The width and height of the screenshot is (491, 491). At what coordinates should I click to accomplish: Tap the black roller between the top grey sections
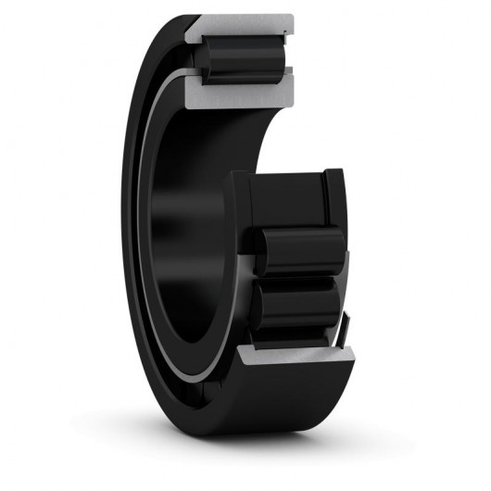243,59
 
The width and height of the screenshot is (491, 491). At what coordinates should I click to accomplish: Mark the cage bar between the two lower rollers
296,278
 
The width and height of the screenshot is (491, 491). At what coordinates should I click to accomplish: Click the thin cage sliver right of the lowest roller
346,324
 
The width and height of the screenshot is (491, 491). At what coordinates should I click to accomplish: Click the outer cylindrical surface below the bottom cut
278,398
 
